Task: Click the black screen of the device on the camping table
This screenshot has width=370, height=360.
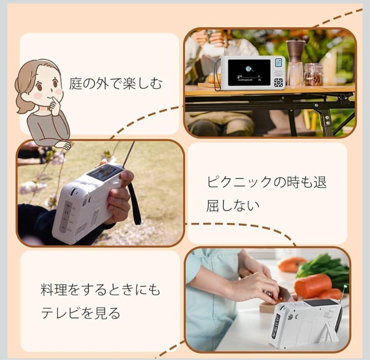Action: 249,72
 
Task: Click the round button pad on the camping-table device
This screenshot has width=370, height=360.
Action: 278,82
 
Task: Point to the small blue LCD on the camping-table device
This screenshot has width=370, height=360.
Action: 279,63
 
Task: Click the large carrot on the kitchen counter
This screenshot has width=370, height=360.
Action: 312,285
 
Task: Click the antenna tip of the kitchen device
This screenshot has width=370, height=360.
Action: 345,287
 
